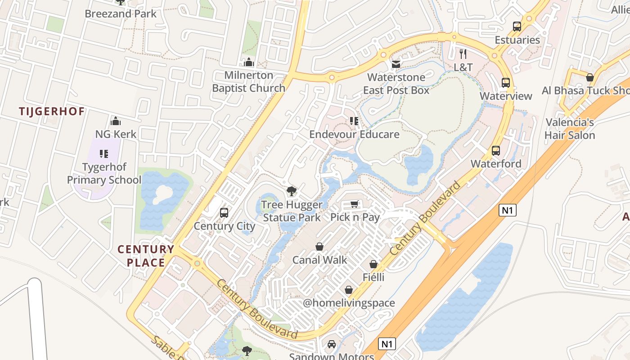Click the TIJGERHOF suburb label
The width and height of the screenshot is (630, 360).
click(52, 111)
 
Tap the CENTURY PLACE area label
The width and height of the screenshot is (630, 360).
click(146, 256)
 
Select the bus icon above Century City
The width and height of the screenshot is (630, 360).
click(224, 213)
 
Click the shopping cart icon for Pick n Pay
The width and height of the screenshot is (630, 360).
click(355, 205)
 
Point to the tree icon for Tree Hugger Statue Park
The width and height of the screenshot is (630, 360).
click(292, 192)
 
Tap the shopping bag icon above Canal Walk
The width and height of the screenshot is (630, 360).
click(319, 247)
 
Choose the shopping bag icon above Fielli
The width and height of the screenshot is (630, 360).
click(373, 264)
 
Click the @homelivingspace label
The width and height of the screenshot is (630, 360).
click(349, 303)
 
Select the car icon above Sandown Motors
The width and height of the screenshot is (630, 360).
click(332, 344)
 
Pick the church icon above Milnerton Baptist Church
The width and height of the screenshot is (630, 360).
click(248, 62)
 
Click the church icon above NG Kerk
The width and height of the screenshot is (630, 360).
click(116, 121)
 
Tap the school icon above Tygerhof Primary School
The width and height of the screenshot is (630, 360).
click(104, 154)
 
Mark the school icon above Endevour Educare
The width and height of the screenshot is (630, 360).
click(354, 121)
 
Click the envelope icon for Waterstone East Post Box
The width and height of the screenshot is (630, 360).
click(396, 64)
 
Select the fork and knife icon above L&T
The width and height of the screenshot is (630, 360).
click(463, 54)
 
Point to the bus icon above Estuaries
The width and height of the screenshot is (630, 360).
click(517, 27)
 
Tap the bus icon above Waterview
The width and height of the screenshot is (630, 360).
click(506, 83)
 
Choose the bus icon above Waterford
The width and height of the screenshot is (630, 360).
click(496, 151)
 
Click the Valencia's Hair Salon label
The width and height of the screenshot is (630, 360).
click(570, 129)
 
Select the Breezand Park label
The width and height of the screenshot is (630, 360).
click(121, 13)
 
